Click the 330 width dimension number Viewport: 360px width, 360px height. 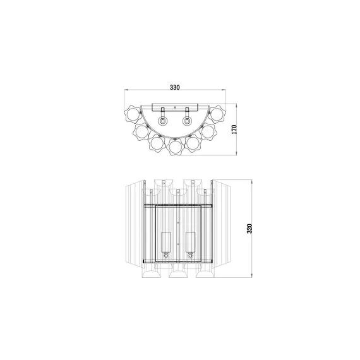179,87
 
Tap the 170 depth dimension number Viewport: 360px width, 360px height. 234,129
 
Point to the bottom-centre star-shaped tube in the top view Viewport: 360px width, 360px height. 176,148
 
